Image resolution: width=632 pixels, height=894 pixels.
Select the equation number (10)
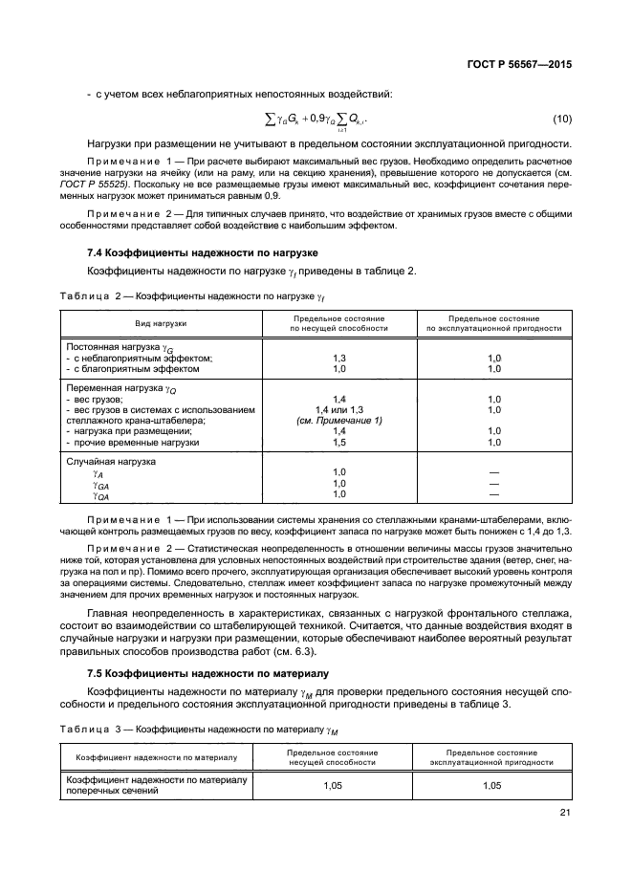point(563,120)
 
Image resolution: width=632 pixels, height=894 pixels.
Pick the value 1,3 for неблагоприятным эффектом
point(338,358)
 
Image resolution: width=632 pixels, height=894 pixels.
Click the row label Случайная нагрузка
point(110,462)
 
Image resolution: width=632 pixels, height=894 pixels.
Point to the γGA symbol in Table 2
point(100,484)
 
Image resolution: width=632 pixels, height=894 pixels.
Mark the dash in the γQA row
point(493,494)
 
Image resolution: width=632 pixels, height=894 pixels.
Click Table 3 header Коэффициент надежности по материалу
point(156,757)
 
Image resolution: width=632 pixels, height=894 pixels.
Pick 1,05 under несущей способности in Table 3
point(338,785)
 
